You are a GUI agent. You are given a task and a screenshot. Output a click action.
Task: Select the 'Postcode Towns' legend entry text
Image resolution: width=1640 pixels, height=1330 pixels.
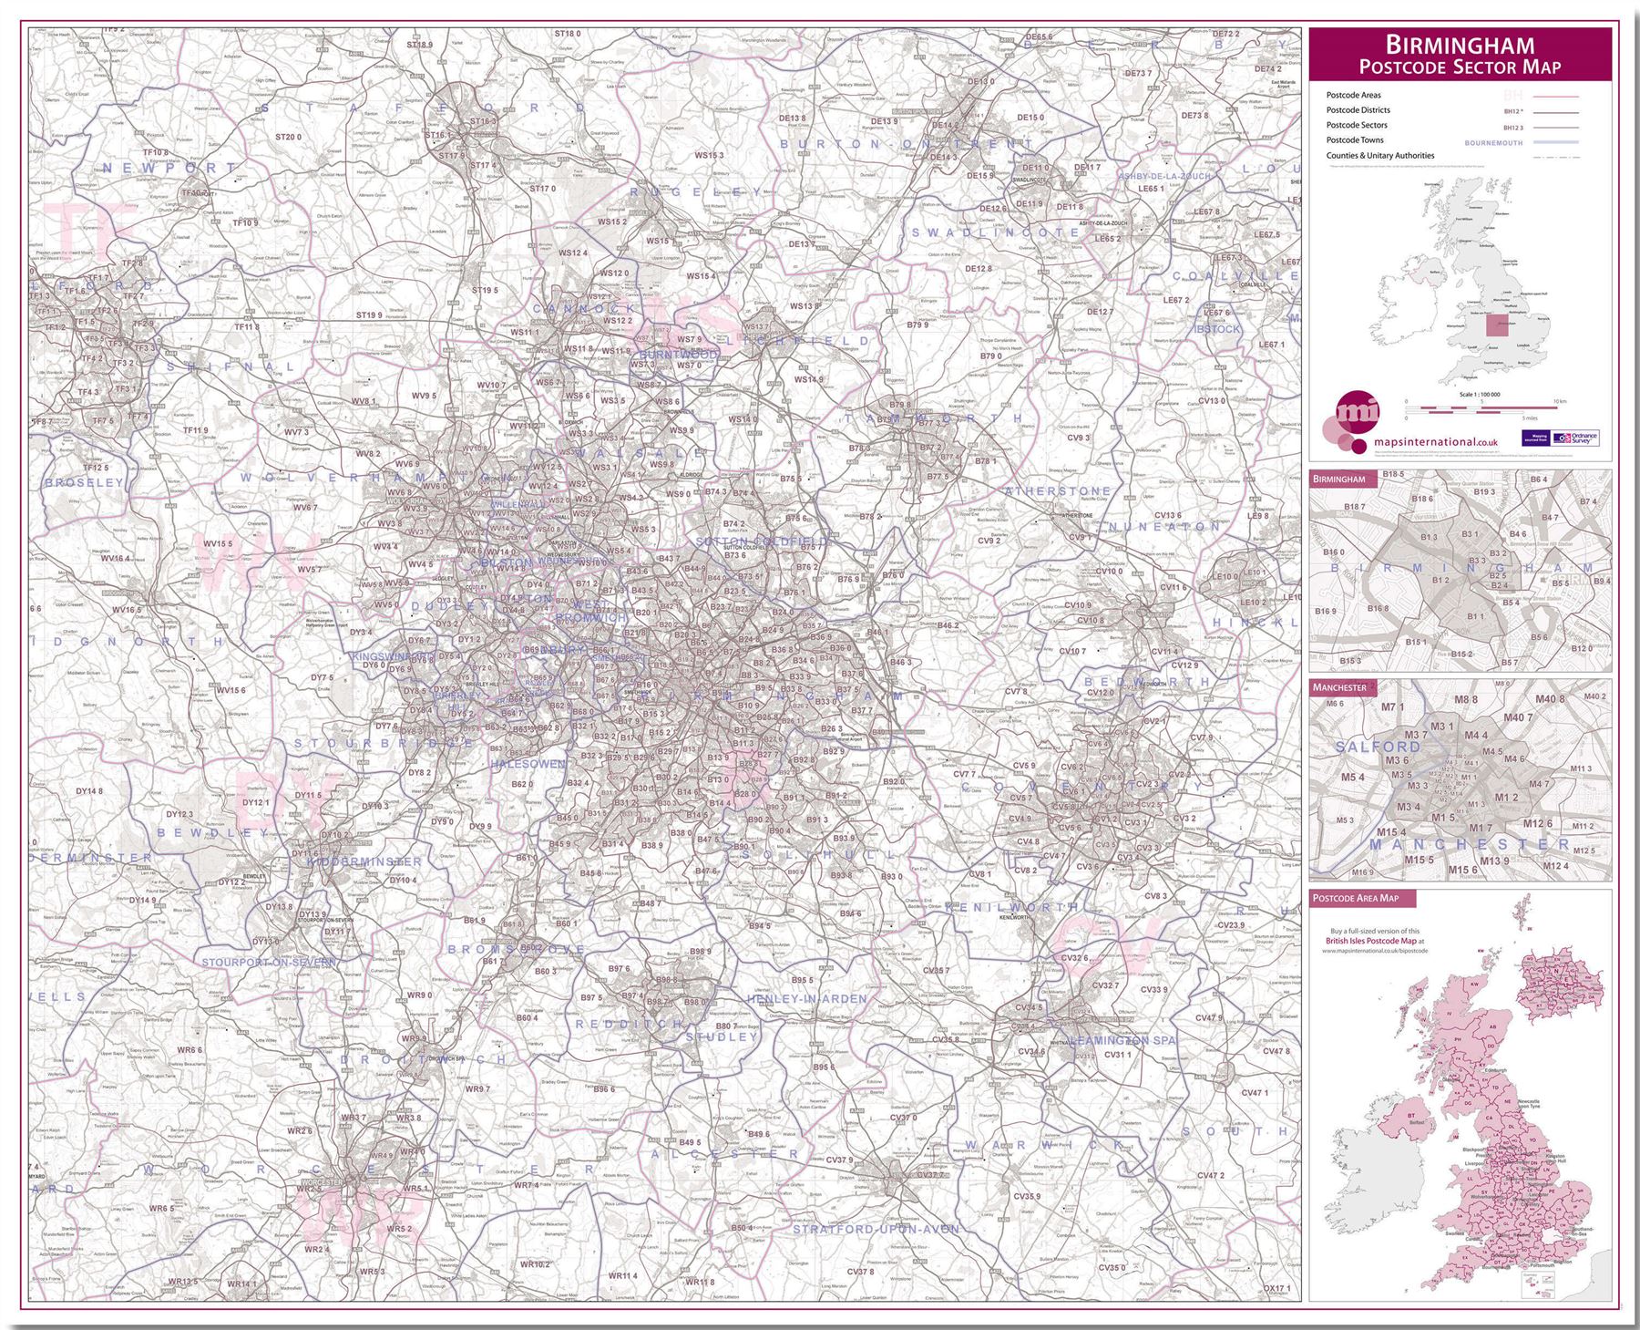pos(1355,140)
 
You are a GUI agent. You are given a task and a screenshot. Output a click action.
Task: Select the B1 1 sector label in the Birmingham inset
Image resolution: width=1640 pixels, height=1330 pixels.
pos(1475,617)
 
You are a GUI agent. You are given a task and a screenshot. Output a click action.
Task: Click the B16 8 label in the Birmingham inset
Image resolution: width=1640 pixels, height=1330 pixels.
pos(1377,608)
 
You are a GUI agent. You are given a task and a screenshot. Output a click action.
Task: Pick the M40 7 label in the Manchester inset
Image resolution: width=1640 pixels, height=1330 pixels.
pos(1518,717)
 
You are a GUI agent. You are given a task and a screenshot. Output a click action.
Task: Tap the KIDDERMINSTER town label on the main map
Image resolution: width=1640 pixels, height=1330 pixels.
pos(364,861)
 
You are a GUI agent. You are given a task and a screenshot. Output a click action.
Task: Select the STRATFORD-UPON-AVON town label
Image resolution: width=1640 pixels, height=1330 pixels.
pos(876,1230)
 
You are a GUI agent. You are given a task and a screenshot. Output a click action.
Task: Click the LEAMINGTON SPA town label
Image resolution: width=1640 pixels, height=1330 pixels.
pos(1123,1040)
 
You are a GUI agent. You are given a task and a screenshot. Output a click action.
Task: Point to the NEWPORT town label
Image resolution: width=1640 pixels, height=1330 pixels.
pos(169,169)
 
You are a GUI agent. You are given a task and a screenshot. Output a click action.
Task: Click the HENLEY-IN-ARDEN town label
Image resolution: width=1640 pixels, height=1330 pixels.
pos(806,999)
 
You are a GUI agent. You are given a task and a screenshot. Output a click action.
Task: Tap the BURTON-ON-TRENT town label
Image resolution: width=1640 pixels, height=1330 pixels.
pos(907,144)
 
